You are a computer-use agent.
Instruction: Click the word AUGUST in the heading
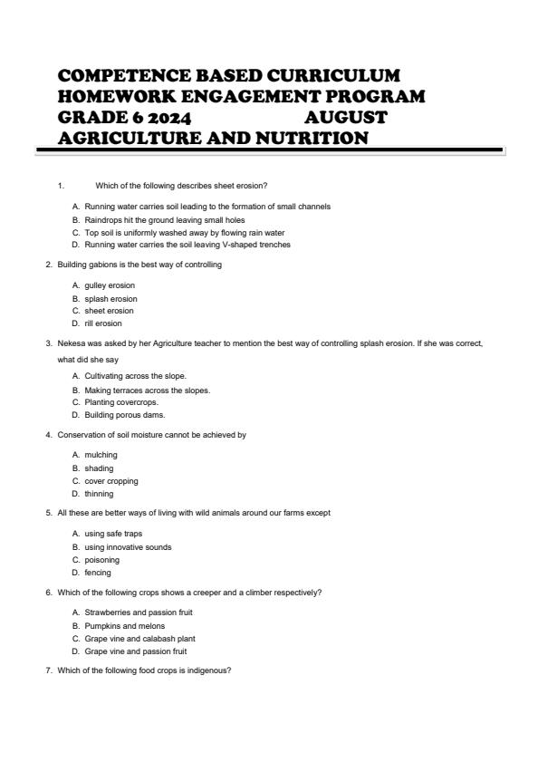[346, 118]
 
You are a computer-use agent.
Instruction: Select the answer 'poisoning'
[101, 560]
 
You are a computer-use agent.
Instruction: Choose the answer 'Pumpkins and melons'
[119, 625]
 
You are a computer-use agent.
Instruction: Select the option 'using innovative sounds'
[128, 547]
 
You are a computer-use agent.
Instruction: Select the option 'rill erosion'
[103, 323]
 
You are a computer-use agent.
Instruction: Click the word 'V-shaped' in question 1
[248, 245]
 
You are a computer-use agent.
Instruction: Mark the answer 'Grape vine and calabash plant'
[134, 638]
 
